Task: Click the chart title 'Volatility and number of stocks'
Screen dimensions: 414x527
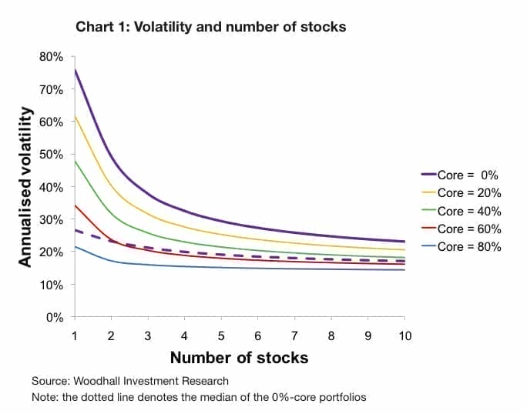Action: tap(210, 27)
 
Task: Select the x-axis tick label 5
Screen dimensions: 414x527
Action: tap(221, 336)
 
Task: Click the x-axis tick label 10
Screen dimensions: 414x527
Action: tap(404, 336)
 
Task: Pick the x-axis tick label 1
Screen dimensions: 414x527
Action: tap(75, 336)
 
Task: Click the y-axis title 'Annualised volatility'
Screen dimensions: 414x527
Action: tap(25, 187)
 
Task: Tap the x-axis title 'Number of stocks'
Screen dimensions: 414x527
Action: tap(239, 358)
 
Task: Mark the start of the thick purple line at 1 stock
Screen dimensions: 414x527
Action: tap(76, 70)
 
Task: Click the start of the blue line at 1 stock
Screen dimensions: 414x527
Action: tap(76, 247)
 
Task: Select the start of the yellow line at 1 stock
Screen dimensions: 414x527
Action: tap(76, 117)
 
